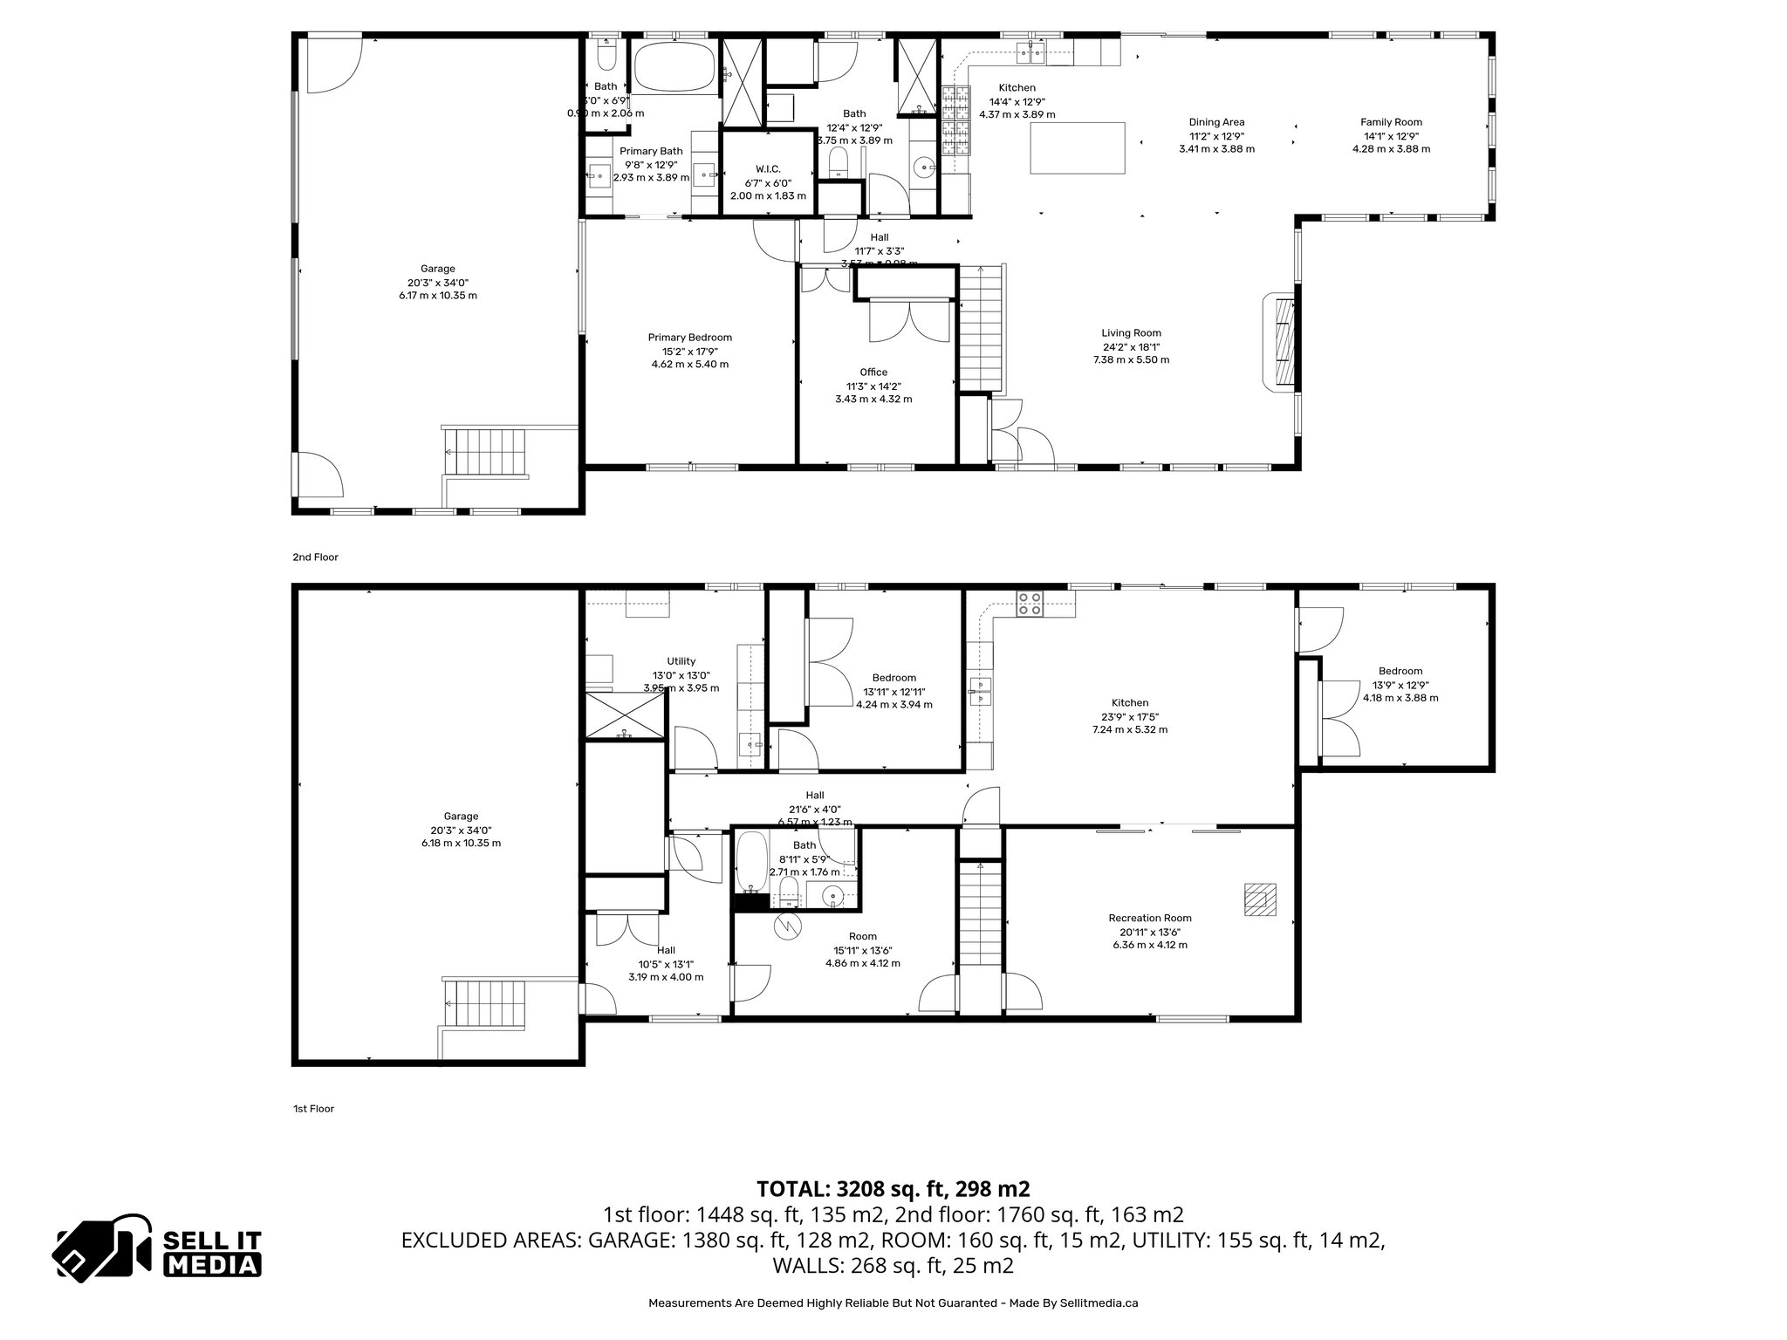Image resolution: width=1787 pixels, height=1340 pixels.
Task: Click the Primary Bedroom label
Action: (689, 338)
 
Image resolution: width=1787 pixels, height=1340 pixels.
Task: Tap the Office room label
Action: (873, 373)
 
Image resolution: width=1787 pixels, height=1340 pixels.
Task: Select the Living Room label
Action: (1131, 333)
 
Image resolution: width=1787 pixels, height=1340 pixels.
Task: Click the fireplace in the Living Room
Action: (1281, 342)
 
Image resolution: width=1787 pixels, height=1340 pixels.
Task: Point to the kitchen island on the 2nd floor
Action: (1078, 148)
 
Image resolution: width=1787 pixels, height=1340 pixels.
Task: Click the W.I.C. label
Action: (768, 169)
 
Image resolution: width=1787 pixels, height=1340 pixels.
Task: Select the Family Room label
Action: (1391, 122)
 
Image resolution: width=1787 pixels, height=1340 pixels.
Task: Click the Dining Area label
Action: (1216, 122)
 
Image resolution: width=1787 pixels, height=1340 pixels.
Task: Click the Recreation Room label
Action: (1150, 918)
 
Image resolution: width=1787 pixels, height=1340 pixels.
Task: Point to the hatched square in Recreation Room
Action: (1260, 899)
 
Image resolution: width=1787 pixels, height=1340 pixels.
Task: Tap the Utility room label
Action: (681, 661)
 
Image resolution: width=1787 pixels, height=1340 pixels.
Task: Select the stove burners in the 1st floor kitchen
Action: (1030, 604)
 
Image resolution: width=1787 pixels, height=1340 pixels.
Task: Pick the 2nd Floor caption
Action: (315, 557)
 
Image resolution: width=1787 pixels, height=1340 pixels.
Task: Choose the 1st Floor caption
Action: (313, 1109)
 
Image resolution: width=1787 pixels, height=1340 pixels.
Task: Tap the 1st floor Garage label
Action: (461, 817)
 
